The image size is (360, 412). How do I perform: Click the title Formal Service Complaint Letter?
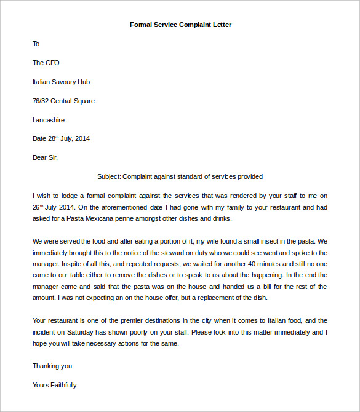tap(180, 25)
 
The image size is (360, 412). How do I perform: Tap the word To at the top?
tap(36, 44)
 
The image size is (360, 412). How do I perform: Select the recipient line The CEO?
tap(46, 63)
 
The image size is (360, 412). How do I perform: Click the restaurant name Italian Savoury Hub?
tap(62, 82)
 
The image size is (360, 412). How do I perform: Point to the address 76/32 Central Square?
tap(63, 101)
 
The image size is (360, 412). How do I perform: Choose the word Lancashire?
tap(49, 120)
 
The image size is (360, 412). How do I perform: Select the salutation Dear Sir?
tap(45, 157)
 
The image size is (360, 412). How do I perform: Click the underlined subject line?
tap(180, 176)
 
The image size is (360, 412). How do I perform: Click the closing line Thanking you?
tap(52, 366)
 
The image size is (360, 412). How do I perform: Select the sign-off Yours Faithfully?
tap(55, 385)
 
